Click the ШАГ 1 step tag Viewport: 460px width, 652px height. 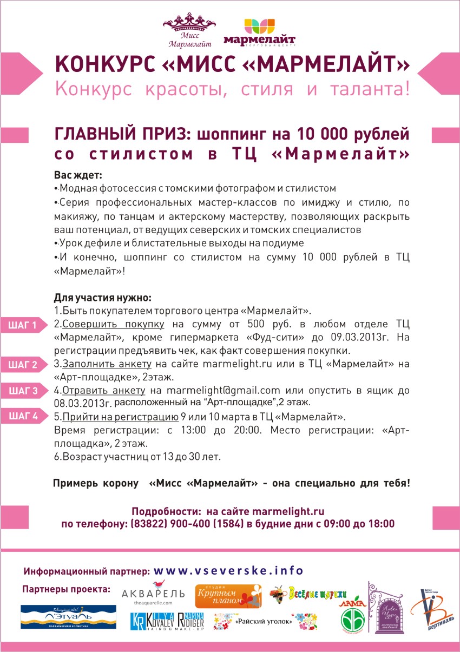(x=23, y=325)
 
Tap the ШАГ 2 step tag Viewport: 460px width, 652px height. (x=23, y=364)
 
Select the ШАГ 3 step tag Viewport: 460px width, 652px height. (x=23, y=391)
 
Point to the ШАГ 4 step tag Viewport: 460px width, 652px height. (x=23, y=417)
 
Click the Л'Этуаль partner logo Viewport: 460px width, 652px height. (x=68, y=617)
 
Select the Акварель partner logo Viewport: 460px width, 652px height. (x=154, y=594)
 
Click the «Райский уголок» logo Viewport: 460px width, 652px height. (x=265, y=622)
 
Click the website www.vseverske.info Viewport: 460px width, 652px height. (x=229, y=571)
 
